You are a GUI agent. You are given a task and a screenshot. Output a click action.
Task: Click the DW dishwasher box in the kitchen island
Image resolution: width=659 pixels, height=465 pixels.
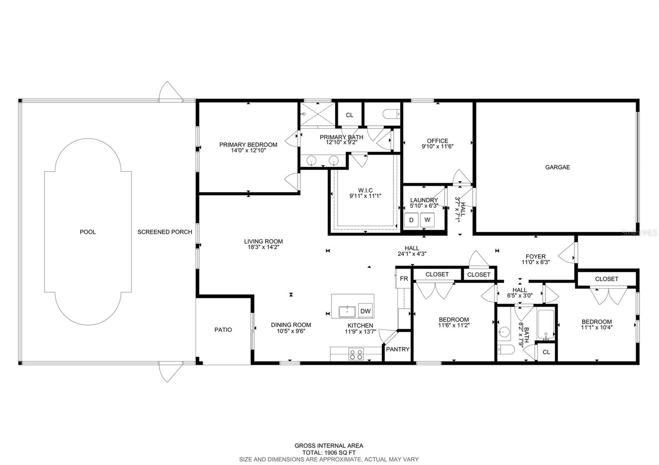pyautogui.click(x=365, y=312)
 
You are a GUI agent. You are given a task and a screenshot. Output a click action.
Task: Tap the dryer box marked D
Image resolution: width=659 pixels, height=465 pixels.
pyautogui.click(x=411, y=220)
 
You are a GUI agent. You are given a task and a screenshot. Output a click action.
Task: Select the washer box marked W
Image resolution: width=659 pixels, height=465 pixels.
pyautogui.click(x=427, y=220)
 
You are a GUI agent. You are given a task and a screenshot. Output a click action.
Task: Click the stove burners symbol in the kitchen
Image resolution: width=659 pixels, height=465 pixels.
pyautogui.click(x=356, y=354)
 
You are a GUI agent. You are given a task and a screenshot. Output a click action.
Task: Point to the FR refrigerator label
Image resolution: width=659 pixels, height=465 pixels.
pyautogui.click(x=404, y=279)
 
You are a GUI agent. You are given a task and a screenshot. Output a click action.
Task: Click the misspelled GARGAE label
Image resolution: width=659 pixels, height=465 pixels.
pyautogui.click(x=557, y=167)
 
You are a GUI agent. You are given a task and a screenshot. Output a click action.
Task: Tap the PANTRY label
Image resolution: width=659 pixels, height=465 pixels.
pyautogui.click(x=397, y=349)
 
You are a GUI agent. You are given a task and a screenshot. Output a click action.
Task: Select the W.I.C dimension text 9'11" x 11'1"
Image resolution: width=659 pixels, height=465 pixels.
pyautogui.click(x=365, y=196)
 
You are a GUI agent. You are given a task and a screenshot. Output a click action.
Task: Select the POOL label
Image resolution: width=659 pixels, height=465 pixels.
pyautogui.click(x=88, y=232)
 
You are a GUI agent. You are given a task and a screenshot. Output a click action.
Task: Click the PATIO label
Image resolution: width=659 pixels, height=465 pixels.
pyautogui.click(x=223, y=330)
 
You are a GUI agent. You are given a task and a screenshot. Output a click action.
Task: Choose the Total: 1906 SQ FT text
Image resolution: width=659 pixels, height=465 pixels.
pyautogui.click(x=329, y=452)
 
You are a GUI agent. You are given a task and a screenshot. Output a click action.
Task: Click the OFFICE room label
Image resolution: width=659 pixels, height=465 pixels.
pyautogui.click(x=437, y=141)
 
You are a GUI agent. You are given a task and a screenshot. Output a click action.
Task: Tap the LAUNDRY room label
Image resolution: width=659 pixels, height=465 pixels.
pyautogui.click(x=424, y=200)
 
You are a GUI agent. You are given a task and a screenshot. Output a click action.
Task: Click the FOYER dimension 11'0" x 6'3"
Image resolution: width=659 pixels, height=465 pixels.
pyautogui.click(x=535, y=262)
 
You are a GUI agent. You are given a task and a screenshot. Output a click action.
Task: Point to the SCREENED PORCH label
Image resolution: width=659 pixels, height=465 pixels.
pyautogui.click(x=165, y=232)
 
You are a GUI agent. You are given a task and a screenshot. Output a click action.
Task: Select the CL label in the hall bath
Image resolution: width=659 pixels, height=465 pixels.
pyautogui.click(x=546, y=352)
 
